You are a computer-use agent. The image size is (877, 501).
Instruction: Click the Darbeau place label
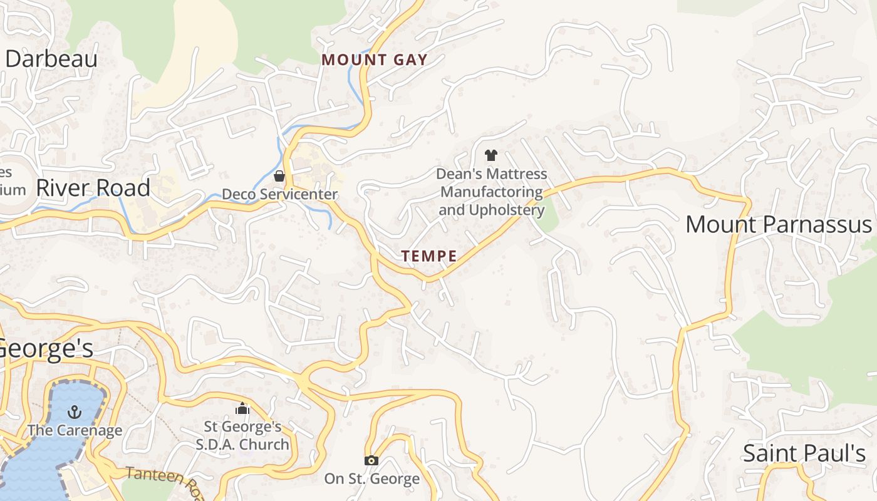pos(51,59)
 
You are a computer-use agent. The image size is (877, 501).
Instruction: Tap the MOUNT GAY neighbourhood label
pos(375,60)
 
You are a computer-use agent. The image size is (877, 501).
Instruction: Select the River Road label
pos(93,187)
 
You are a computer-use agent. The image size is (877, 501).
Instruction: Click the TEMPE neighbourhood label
pos(429,256)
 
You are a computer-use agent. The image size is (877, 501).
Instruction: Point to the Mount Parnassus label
pos(778,224)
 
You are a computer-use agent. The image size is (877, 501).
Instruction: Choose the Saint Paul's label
pos(804,453)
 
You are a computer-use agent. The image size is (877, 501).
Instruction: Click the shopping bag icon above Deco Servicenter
pos(279,177)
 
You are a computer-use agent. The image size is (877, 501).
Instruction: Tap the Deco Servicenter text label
pos(280,194)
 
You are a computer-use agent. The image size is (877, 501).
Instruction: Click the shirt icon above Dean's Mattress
pos(491,155)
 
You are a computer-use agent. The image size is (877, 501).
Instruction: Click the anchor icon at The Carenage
pos(75,412)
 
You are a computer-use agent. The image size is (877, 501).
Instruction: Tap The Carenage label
pos(75,430)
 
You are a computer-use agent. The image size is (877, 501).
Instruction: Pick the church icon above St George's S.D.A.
pos(242,409)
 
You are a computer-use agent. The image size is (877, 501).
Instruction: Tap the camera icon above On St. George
pos(371,461)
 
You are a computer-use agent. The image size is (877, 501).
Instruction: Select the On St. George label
pos(371,479)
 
